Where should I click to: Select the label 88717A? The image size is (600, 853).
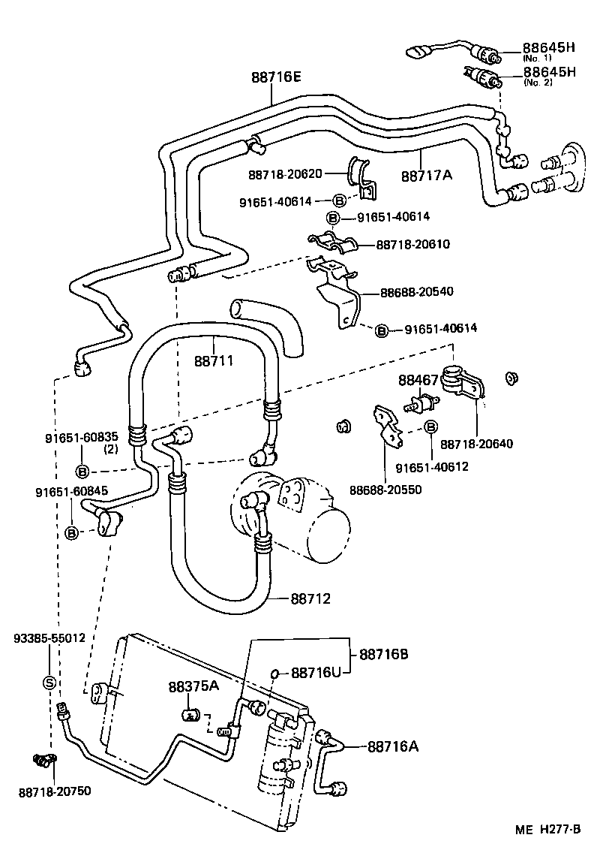[x=427, y=175]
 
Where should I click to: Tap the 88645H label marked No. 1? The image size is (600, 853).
[x=549, y=48]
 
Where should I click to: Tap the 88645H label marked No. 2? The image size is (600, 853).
[x=549, y=73]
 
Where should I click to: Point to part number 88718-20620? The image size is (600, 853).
[x=285, y=174]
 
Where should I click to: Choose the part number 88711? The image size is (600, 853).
[x=214, y=360]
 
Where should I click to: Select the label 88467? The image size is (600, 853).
[x=418, y=381]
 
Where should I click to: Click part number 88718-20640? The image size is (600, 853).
[x=476, y=444]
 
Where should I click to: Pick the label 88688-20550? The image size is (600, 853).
[x=385, y=490]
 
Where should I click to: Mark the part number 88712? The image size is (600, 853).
[x=310, y=598]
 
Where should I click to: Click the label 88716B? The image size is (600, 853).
[x=383, y=654]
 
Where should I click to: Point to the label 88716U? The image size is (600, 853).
[x=316, y=672]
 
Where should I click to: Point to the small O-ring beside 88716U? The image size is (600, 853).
[x=276, y=672]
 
